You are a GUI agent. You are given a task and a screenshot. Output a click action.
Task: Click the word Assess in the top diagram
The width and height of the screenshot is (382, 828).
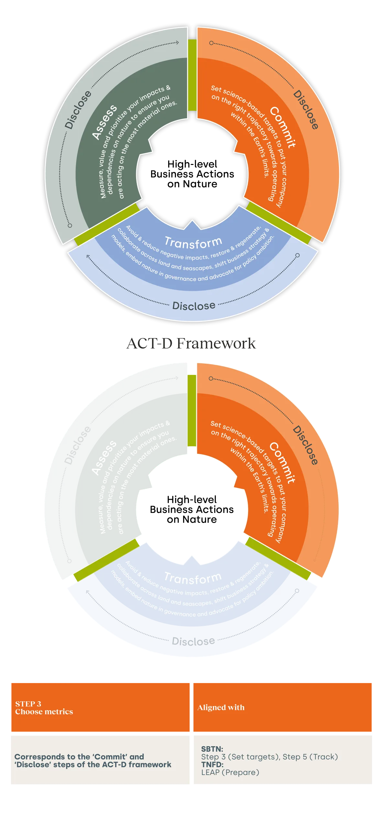(104, 122)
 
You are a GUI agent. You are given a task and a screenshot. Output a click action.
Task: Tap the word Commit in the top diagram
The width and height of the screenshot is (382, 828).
(282, 127)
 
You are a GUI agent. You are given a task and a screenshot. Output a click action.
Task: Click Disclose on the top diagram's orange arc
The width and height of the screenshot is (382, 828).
(306, 110)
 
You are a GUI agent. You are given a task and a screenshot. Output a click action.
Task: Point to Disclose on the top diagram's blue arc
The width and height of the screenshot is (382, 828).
(194, 306)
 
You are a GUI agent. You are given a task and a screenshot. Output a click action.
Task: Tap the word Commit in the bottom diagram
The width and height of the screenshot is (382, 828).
(282, 463)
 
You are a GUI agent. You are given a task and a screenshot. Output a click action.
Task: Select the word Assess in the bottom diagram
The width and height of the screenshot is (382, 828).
(104, 458)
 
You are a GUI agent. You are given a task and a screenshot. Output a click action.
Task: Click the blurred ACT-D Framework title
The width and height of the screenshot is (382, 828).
(191, 343)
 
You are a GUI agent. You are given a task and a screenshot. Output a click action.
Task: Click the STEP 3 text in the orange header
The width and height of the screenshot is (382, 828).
(28, 704)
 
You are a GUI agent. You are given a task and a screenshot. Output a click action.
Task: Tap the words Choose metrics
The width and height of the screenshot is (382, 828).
(44, 712)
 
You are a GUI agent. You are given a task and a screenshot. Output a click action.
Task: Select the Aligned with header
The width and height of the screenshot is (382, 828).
(221, 708)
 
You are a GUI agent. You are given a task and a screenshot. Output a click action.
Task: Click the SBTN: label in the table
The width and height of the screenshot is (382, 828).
(212, 749)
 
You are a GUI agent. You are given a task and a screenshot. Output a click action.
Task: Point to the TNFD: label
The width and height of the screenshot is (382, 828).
(212, 764)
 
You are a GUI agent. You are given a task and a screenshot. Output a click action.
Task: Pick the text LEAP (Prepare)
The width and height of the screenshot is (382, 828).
(230, 772)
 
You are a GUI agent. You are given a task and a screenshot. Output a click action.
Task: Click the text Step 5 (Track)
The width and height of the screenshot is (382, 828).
(310, 757)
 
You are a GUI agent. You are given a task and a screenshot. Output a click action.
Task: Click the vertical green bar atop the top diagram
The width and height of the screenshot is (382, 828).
(192, 75)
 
